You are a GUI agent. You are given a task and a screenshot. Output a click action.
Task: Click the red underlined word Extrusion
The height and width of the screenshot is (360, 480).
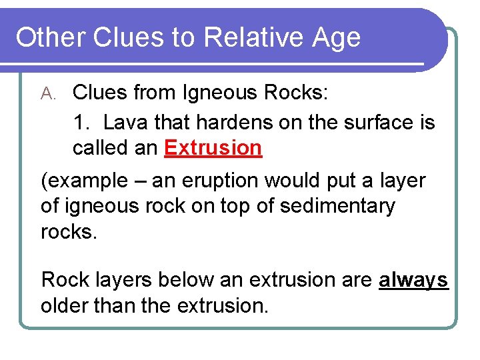[x=213, y=148]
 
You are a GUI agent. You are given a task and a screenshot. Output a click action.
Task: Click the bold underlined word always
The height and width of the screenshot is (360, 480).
[x=413, y=281]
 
